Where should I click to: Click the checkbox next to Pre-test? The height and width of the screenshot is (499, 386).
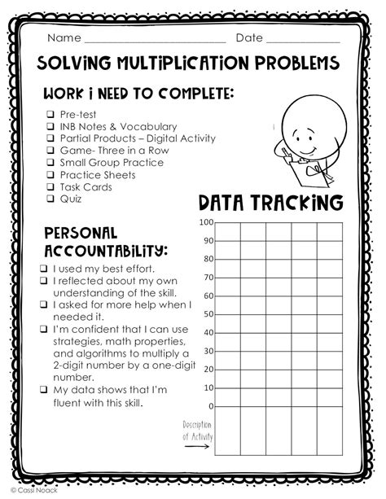(50, 115)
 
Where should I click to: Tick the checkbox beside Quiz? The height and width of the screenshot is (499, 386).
(50, 198)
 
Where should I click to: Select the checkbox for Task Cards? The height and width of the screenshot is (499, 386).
(50, 186)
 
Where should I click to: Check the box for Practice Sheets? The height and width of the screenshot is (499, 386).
(50, 174)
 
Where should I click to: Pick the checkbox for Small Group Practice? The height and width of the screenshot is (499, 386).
(50, 163)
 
